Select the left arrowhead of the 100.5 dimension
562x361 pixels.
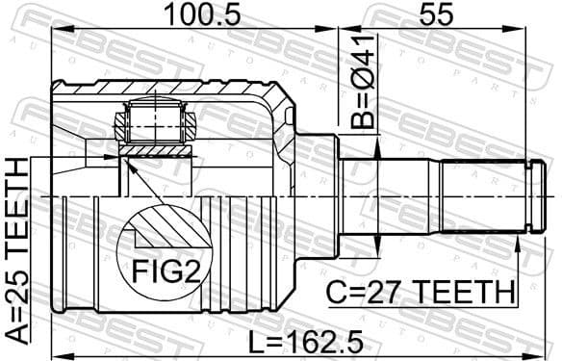[56, 30]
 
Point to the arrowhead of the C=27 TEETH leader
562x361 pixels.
[517, 244]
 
